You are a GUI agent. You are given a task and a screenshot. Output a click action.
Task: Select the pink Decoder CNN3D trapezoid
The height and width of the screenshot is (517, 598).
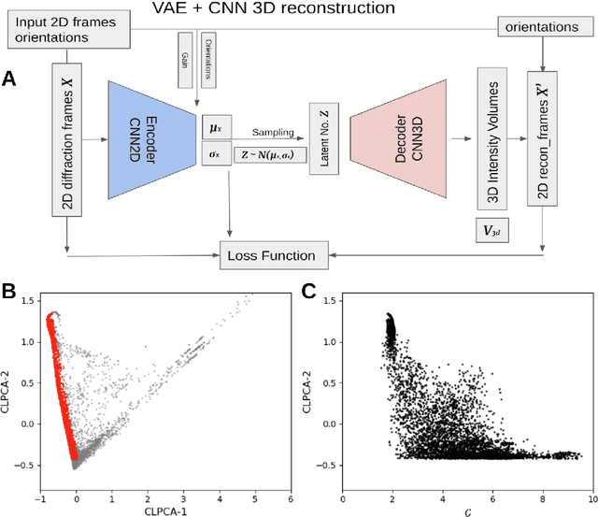click(x=399, y=140)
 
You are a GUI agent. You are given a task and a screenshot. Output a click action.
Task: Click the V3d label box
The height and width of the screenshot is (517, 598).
click(x=491, y=228)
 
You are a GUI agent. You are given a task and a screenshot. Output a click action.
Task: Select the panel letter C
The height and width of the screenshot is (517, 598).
click(x=308, y=291)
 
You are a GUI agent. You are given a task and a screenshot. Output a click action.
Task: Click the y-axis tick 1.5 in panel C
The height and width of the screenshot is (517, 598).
click(x=326, y=298)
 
